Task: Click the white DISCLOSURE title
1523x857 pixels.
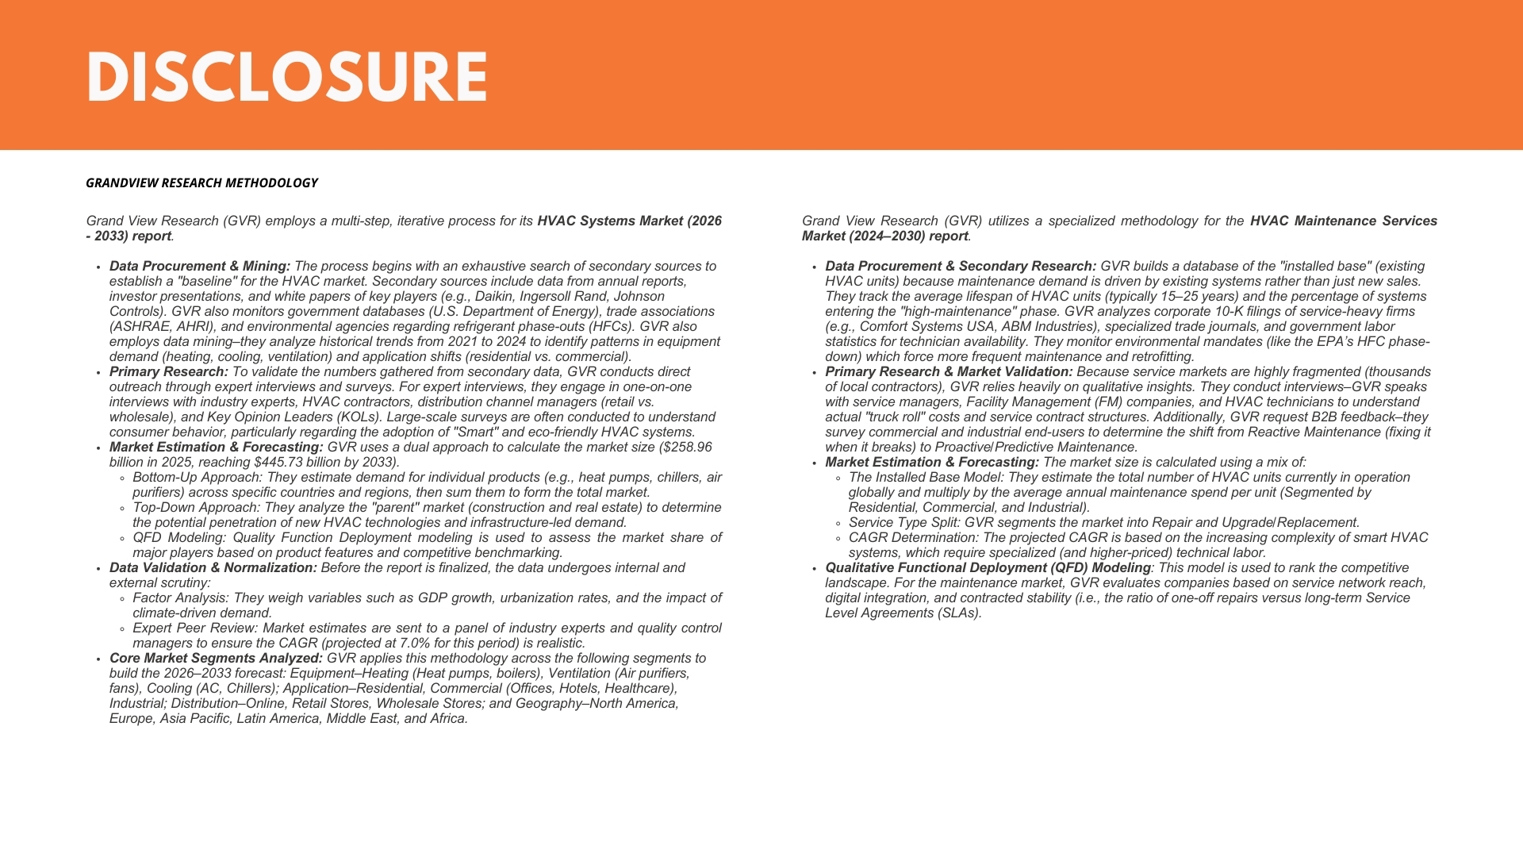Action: (286, 77)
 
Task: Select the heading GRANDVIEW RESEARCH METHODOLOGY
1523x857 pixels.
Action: (201, 183)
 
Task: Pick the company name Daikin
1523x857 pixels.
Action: (493, 297)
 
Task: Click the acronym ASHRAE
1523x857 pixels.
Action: (139, 327)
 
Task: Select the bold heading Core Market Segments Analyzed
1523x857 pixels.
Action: (216, 659)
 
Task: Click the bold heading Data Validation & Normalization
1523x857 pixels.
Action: (213, 568)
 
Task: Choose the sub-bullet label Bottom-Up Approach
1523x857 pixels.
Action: (197, 478)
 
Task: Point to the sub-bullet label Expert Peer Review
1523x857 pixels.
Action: (194, 628)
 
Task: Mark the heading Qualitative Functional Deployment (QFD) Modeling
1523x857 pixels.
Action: (988, 568)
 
